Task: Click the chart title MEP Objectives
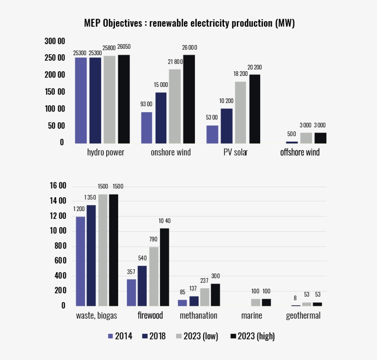(x=189, y=23)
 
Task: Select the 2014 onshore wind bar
(x=147, y=128)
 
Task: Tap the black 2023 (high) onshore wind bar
(x=189, y=99)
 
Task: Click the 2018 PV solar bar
(x=227, y=126)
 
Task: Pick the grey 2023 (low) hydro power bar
(x=109, y=99)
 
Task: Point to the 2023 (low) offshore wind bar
(x=306, y=138)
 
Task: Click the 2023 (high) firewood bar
(x=164, y=267)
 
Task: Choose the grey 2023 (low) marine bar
(x=255, y=303)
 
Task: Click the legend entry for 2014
(x=120, y=337)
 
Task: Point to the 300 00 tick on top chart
(x=55, y=41)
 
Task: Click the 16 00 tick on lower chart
(x=58, y=186)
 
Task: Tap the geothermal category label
(x=303, y=316)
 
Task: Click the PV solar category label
(x=235, y=153)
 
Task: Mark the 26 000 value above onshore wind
(x=189, y=47)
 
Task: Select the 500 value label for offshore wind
(x=291, y=134)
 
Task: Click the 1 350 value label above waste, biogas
(x=91, y=197)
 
